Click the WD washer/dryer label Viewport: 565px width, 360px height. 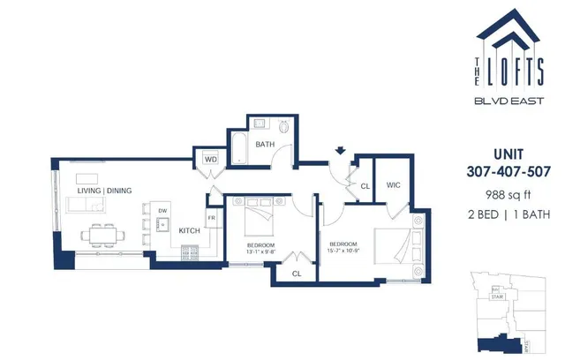(211, 160)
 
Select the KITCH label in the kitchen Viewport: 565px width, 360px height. (189, 231)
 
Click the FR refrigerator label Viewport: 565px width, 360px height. (213, 217)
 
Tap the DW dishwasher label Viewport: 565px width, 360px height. (162, 211)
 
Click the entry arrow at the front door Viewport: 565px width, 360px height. (340, 151)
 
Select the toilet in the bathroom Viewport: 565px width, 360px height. (283, 126)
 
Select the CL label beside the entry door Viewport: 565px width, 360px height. (365, 185)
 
